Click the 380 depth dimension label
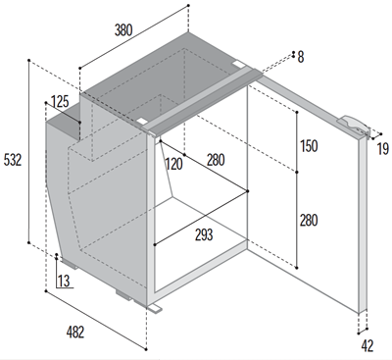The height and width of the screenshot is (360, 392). (123, 30)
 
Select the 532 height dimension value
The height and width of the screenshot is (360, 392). (13, 160)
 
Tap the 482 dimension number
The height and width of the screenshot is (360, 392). (75, 332)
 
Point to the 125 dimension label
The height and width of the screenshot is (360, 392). (60, 102)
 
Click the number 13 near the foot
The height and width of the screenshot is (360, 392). (64, 281)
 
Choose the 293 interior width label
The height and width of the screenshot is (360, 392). (204, 234)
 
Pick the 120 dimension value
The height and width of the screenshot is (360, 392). (173, 164)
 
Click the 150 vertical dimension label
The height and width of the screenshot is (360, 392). (309, 146)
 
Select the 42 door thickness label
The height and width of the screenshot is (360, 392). (367, 345)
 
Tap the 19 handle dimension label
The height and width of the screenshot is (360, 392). (383, 149)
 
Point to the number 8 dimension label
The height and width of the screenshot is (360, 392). (301, 57)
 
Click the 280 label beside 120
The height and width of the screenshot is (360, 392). (216, 160)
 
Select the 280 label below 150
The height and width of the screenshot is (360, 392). (309, 221)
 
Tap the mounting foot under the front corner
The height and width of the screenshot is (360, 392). (155, 308)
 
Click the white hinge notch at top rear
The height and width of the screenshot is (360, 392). (238, 63)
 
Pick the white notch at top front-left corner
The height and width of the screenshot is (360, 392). (143, 121)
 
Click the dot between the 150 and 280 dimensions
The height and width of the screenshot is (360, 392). (297, 172)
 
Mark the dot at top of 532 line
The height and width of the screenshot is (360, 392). (29, 60)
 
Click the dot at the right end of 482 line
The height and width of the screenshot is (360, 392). (145, 349)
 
